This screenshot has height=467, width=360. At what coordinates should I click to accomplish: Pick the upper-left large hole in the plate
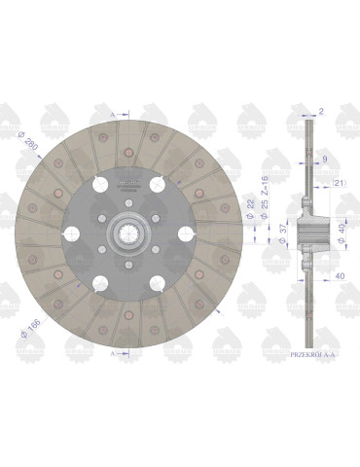(x=101, y=185)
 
